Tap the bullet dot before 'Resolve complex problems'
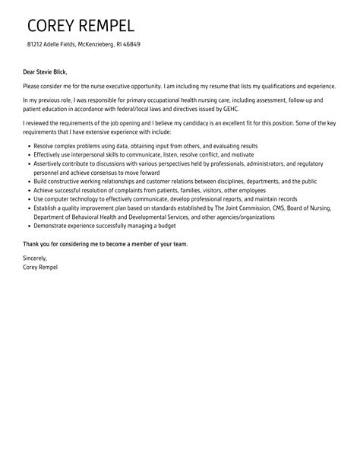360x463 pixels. [27, 146]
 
